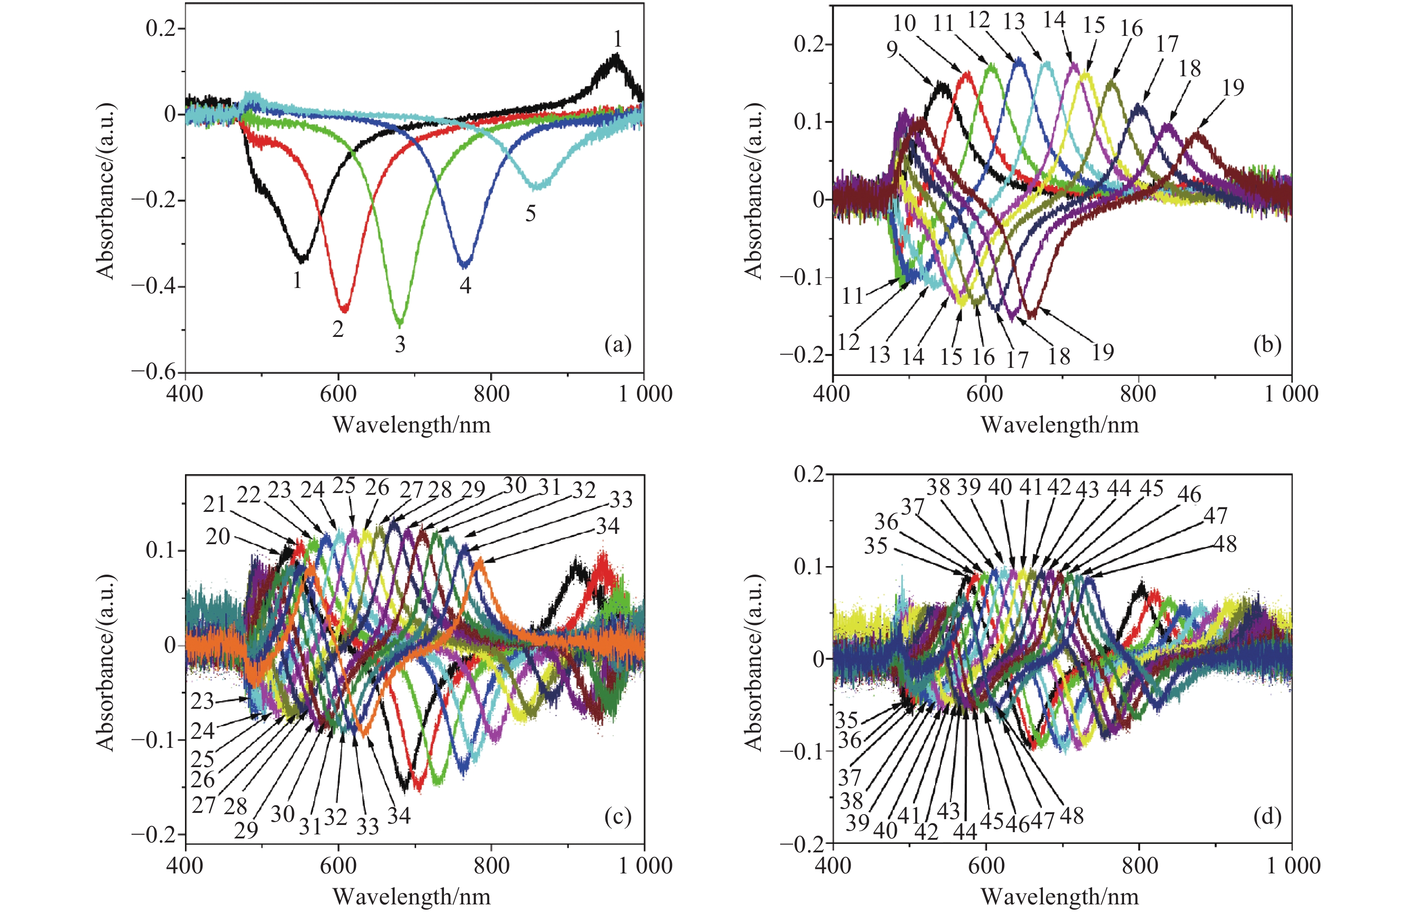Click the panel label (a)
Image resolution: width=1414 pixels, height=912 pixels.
click(618, 344)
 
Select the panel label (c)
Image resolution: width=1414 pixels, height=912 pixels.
click(618, 816)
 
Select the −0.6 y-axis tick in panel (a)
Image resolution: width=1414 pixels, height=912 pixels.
click(153, 372)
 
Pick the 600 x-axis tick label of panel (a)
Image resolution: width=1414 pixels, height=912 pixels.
click(338, 394)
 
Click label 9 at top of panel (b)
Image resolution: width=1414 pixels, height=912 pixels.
click(892, 50)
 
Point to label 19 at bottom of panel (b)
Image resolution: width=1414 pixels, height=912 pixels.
click(1103, 352)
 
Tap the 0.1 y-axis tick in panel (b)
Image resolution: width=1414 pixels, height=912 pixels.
click(809, 122)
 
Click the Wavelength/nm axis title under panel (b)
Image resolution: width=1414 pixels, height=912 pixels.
click(1060, 425)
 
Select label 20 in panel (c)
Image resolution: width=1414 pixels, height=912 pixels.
click(218, 537)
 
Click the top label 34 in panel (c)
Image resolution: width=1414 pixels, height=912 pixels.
click(607, 526)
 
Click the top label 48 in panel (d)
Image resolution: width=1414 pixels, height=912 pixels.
click(1225, 544)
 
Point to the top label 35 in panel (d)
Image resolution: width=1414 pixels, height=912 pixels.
click(875, 545)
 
